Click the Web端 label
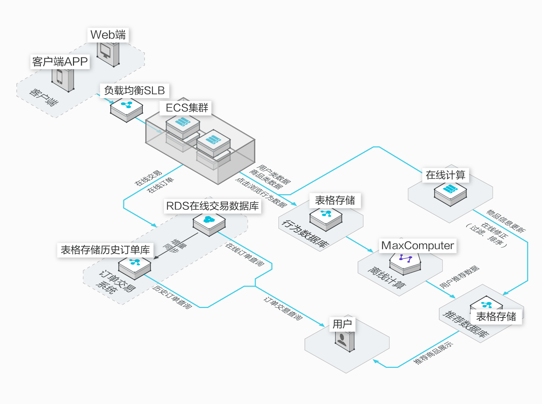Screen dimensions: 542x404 coord(108,35)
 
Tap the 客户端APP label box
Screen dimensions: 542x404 coord(60,62)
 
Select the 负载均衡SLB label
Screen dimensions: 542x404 coord(134,90)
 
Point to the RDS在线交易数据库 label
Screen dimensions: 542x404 coord(212,206)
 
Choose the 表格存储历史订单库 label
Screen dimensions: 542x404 coord(105,250)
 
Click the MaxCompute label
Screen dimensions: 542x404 coord(418,246)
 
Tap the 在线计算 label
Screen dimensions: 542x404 coord(446,175)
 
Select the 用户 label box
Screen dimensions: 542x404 coord(342,324)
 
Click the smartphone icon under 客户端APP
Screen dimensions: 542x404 coord(60,77)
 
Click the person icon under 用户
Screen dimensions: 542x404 coord(341,340)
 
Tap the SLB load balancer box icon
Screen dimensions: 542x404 coord(126,110)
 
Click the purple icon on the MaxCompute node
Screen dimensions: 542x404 coord(405,258)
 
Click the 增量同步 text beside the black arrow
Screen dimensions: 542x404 coord(175,246)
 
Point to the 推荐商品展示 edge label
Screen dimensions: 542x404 coord(433,353)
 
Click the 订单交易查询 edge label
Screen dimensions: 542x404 coord(283,309)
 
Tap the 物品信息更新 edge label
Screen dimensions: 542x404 coord(506,221)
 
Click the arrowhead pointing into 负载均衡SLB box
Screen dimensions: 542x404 coord(112,102)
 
